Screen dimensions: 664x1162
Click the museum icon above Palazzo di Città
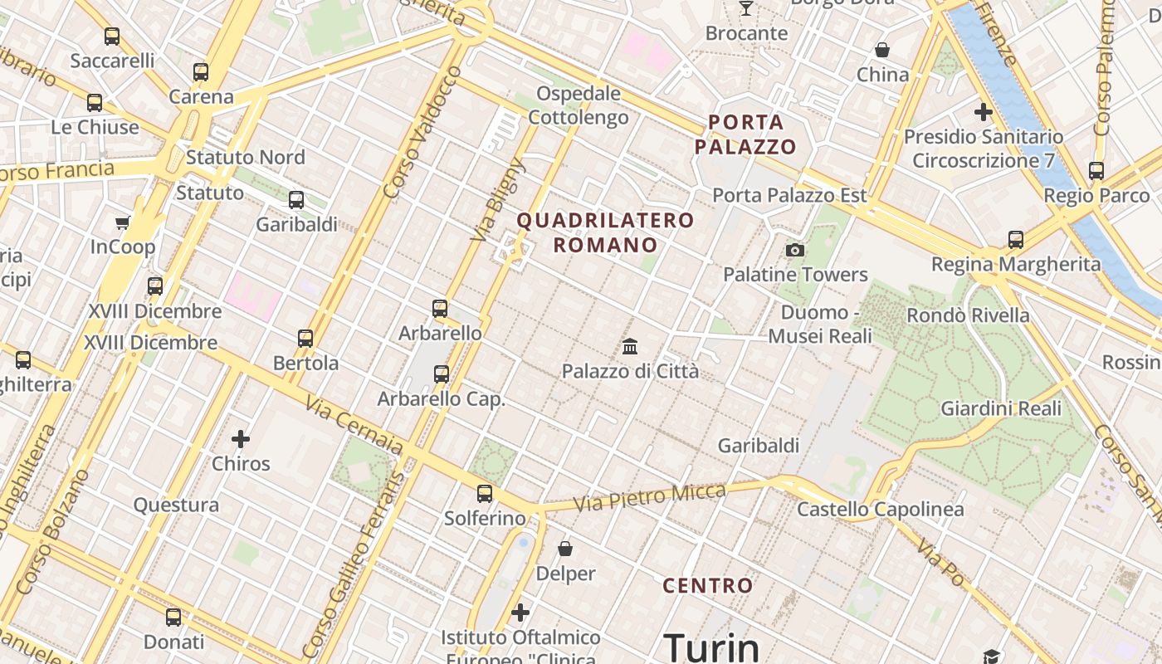(630, 346)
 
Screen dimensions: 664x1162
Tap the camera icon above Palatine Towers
(795, 250)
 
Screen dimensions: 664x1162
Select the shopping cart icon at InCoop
(123, 222)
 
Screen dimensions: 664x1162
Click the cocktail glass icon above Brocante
(746, 8)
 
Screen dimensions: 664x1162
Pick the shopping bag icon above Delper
(565, 549)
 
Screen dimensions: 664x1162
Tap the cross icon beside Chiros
(241, 438)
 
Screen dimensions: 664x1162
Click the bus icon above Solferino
(485, 494)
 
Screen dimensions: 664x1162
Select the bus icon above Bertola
(305, 339)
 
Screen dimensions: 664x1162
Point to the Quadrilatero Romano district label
(605, 232)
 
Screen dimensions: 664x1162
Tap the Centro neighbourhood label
(708, 586)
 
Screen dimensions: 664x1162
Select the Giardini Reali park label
(1000, 408)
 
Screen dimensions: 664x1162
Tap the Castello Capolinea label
(880, 509)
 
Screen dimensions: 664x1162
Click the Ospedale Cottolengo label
(579, 105)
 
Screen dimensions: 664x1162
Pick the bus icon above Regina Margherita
(1015, 240)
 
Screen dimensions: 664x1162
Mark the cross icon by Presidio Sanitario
(984, 111)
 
